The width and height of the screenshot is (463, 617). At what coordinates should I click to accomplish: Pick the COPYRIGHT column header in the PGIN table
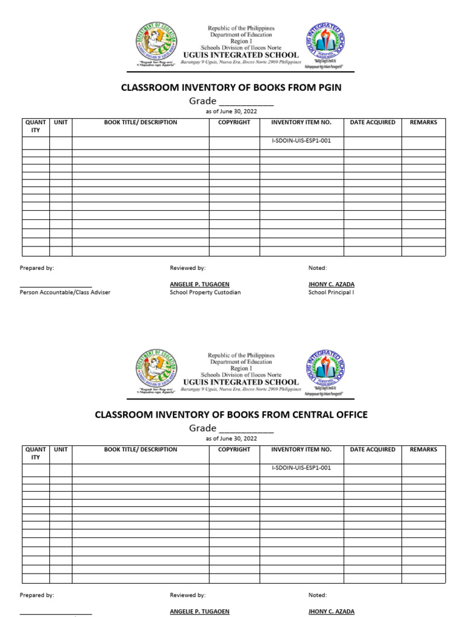point(234,122)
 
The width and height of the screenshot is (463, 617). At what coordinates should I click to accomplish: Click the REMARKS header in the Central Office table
point(423,449)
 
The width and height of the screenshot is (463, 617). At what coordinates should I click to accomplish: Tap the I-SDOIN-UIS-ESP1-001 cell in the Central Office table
point(301,468)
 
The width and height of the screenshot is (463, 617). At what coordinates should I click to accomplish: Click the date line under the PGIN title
point(231,111)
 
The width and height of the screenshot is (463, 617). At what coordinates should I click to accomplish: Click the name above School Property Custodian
point(200,284)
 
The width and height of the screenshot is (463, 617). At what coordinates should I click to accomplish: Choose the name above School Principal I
point(331,284)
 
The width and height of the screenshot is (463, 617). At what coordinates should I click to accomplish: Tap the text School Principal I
point(331,292)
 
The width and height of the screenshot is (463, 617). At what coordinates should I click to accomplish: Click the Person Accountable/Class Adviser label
point(65,292)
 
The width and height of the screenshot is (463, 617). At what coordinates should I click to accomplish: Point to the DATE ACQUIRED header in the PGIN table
point(373,122)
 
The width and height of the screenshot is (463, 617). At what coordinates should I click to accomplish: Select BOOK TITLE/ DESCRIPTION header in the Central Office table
point(140,449)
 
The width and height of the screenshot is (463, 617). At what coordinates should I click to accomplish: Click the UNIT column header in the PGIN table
point(61,122)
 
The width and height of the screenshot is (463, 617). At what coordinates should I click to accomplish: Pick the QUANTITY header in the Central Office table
point(36,453)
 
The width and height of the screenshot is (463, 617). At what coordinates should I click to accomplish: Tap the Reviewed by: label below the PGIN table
point(187,268)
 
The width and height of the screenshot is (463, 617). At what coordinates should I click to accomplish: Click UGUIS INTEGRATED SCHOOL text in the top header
point(241,55)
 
